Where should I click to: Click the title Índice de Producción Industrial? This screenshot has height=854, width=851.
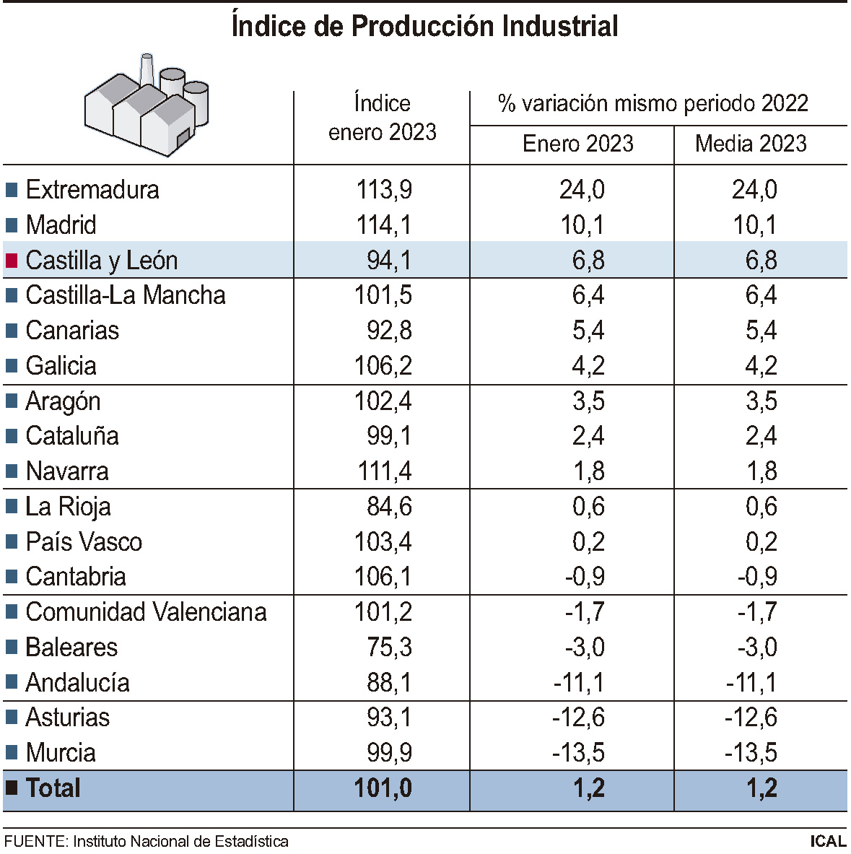point(424,27)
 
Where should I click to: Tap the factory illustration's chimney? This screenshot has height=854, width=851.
point(147,69)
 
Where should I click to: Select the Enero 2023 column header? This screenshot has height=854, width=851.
point(577,144)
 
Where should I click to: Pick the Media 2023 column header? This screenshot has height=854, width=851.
point(751,144)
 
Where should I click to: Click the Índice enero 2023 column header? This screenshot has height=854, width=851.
point(382,118)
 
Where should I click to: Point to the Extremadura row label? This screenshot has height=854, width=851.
point(92,190)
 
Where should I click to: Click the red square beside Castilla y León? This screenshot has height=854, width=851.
point(12,261)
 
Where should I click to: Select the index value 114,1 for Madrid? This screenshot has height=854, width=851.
point(383,225)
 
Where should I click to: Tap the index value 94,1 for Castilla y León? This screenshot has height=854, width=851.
point(389,261)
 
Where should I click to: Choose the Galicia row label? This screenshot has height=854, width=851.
point(61,366)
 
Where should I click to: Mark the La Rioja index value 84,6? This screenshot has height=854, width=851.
point(389,507)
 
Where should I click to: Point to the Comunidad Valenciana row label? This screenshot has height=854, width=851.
point(146,612)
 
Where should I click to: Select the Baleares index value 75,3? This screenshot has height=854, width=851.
point(389,648)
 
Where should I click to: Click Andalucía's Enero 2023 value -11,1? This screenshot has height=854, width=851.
point(579,683)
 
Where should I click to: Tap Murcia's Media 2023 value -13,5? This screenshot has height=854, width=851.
point(751,753)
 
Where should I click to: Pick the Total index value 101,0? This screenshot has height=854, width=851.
point(383,788)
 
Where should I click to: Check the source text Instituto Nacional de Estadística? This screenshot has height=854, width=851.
point(180,842)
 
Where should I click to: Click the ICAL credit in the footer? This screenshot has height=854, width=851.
point(827,842)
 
